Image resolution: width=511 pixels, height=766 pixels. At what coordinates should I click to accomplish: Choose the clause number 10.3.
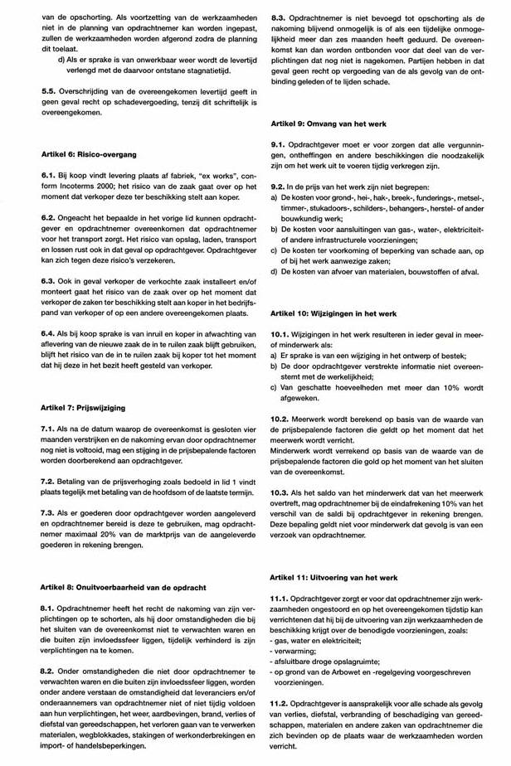click(x=281, y=492)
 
